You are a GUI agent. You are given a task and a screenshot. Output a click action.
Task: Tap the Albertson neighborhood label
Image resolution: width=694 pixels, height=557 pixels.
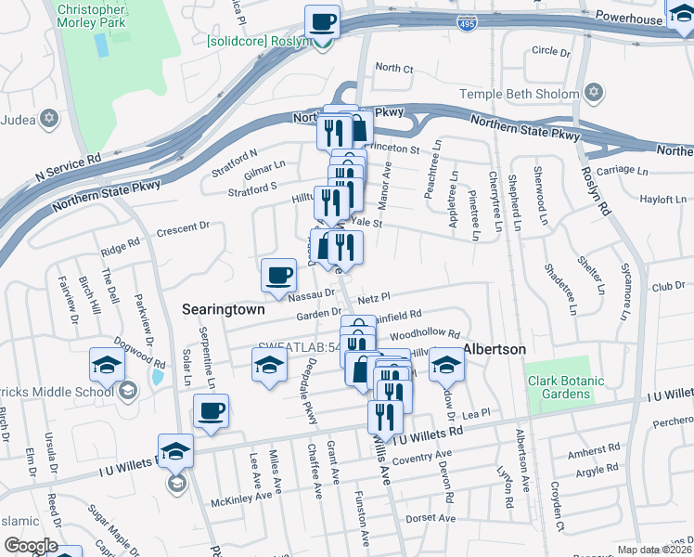coord(495,349)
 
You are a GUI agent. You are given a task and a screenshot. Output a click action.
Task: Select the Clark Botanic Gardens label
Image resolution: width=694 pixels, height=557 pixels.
coord(559,387)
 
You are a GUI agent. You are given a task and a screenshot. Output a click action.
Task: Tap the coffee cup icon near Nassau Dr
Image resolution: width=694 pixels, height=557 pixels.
coord(278,274)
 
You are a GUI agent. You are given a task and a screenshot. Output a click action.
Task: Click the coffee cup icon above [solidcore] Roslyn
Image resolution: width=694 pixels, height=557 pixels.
coord(322,21)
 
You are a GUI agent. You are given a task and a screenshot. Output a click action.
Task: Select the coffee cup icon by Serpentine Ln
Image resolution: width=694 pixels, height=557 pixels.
coord(211,410)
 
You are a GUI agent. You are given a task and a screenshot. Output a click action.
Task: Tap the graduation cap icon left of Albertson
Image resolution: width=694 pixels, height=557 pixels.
coord(445,363)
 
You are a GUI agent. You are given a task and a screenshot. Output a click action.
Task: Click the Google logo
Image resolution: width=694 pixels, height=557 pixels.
coord(31,546)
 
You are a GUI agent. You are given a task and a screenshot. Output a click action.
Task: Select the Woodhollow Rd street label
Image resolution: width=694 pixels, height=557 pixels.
coord(425,333)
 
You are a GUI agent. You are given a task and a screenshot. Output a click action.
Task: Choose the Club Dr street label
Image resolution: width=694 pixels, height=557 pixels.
coord(667,287)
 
